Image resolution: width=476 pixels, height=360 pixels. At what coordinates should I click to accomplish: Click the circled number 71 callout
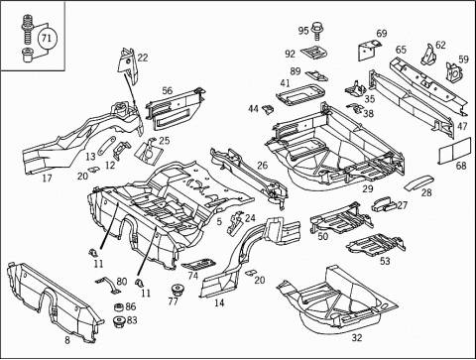(47, 39)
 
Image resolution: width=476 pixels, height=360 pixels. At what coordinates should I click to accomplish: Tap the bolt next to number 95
(317, 30)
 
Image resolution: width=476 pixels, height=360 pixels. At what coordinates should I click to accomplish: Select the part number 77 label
(173, 301)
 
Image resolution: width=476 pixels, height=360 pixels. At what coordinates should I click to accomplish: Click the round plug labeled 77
(178, 290)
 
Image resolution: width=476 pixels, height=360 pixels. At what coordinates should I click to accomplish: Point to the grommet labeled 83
(118, 322)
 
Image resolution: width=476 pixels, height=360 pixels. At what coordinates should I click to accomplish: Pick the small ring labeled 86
(119, 307)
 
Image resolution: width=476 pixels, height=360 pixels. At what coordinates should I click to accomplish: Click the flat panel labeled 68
(455, 151)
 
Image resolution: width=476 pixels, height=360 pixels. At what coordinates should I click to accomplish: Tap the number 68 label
(461, 166)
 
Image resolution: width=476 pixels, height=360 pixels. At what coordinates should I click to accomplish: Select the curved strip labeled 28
(417, 182)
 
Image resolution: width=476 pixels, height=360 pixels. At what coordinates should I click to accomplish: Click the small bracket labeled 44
(268, 109)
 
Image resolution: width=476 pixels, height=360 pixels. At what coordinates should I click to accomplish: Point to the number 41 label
(285, 83)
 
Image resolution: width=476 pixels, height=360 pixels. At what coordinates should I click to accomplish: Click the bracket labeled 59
(454, 71)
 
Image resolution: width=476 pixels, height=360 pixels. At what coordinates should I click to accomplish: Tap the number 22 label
(143, 58)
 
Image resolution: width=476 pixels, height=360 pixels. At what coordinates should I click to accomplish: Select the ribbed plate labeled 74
(198, 265)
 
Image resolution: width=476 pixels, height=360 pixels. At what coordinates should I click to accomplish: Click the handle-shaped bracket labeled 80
(108, 285)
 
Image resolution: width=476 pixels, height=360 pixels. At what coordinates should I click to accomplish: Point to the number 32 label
(357, 338)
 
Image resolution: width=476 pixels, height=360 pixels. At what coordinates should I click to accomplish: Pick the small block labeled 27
(384, 204)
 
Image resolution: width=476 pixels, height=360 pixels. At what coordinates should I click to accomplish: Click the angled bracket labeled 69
(367, 51)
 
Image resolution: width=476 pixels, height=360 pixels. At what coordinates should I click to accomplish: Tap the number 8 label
(67, 340)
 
